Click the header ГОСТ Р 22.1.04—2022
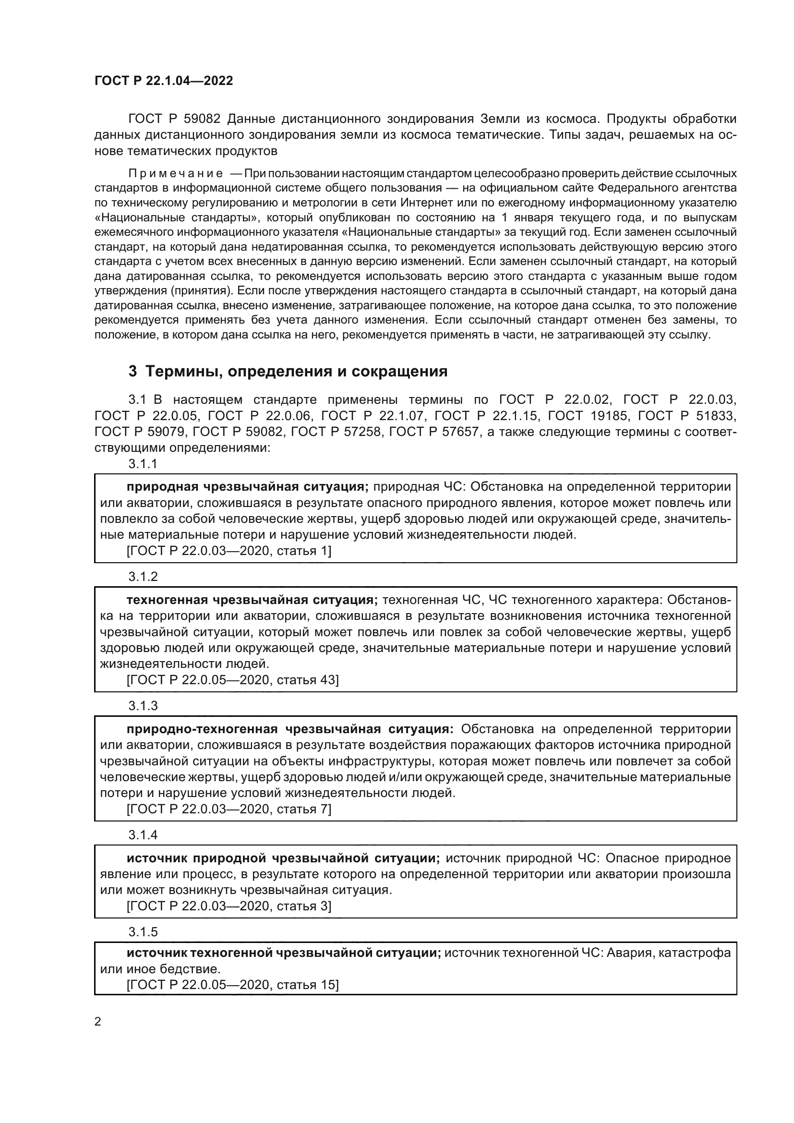click(164, 81)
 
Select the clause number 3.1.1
click(143, 464)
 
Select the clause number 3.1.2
click(143, 576)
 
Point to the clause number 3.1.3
click(143, 705)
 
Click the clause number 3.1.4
click(143, 834)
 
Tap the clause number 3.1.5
click(143, 932)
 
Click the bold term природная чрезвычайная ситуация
click(247, 487)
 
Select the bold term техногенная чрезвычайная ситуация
click(253, 600)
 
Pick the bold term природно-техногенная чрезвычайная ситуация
click(290, 729)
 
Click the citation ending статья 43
click(232, 680)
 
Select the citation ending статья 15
click(232, 985)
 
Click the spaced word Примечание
click(176, 174)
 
